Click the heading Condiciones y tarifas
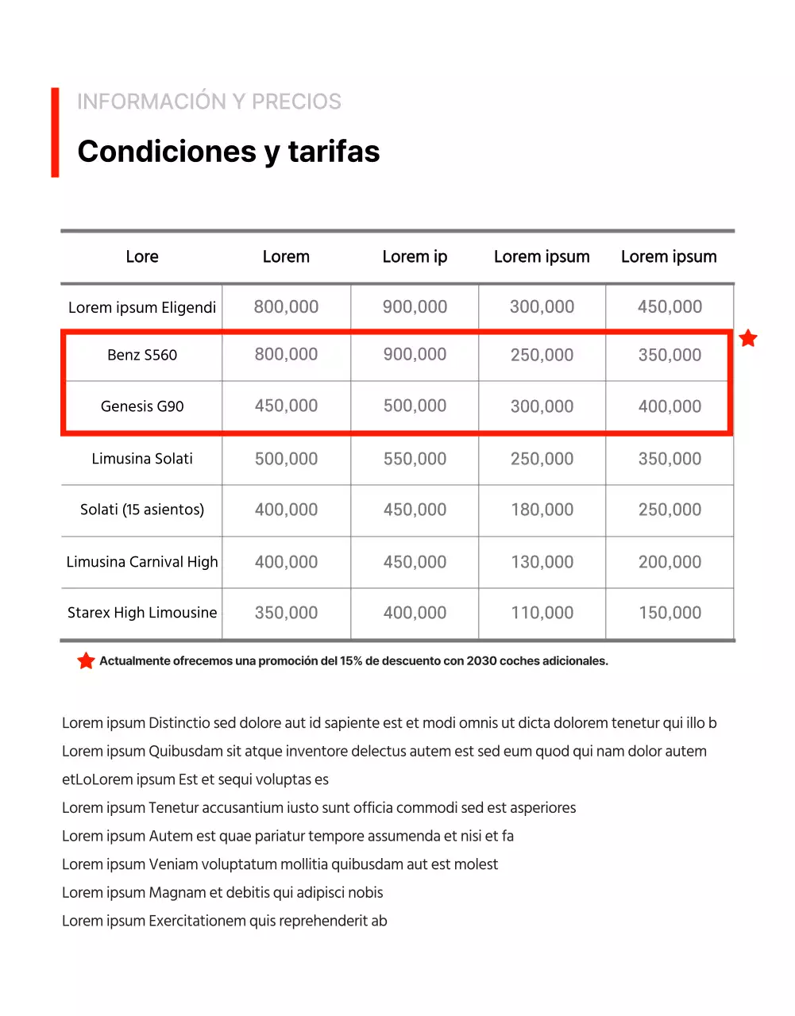point(229,152)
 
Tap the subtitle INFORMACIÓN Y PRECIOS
point(209,102)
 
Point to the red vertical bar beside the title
point(55,133)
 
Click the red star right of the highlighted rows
point(748,339)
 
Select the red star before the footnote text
point(86,660)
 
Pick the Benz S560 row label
point(142,355)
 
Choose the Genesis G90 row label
point(142,406)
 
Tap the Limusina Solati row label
point(142,459)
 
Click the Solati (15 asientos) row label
point(142,510)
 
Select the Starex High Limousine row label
point(142,613)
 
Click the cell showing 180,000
point(542,510)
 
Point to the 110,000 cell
point(542,613)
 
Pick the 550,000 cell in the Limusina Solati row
point(415,459)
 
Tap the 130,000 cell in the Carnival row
point(542,562)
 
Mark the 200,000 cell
point(670,562)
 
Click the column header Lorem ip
point(415,257)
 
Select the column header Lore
point(142,257)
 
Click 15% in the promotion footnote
point(351,661)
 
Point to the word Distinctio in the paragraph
point(179,723)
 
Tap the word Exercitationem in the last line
point(198,921)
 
